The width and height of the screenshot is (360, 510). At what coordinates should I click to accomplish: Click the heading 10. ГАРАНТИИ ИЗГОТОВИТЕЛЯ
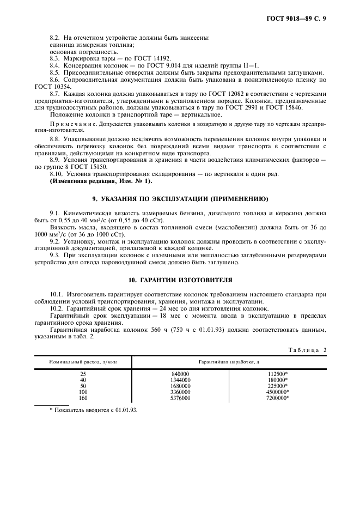click(x=180, y=280)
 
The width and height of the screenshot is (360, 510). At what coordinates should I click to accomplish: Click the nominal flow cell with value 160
click(x=83, y=398)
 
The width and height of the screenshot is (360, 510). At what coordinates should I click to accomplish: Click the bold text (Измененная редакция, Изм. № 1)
click(x=101, y=181)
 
